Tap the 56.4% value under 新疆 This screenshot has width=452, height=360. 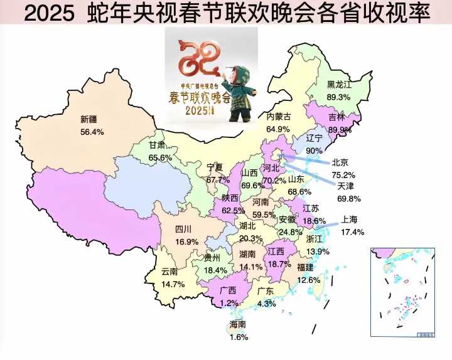[x=92, y=132]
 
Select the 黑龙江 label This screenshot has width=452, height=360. [x=340, y=85]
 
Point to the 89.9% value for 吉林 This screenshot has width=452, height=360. [x=340, y=129]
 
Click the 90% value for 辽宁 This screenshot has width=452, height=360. [x=313, y=151]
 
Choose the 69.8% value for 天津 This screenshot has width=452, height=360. [x=348, y=198]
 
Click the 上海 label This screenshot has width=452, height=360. [x=350, y=220]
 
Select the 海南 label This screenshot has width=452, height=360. [x=238, y=324]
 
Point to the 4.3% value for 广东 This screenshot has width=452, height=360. [x=266, y=304]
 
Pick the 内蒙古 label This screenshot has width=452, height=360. [x=278, y=117]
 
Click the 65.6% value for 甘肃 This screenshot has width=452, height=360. [x=160, y=157]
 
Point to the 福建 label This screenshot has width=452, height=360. [x=305, y=267]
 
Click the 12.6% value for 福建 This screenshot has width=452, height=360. [x=308, y=280]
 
